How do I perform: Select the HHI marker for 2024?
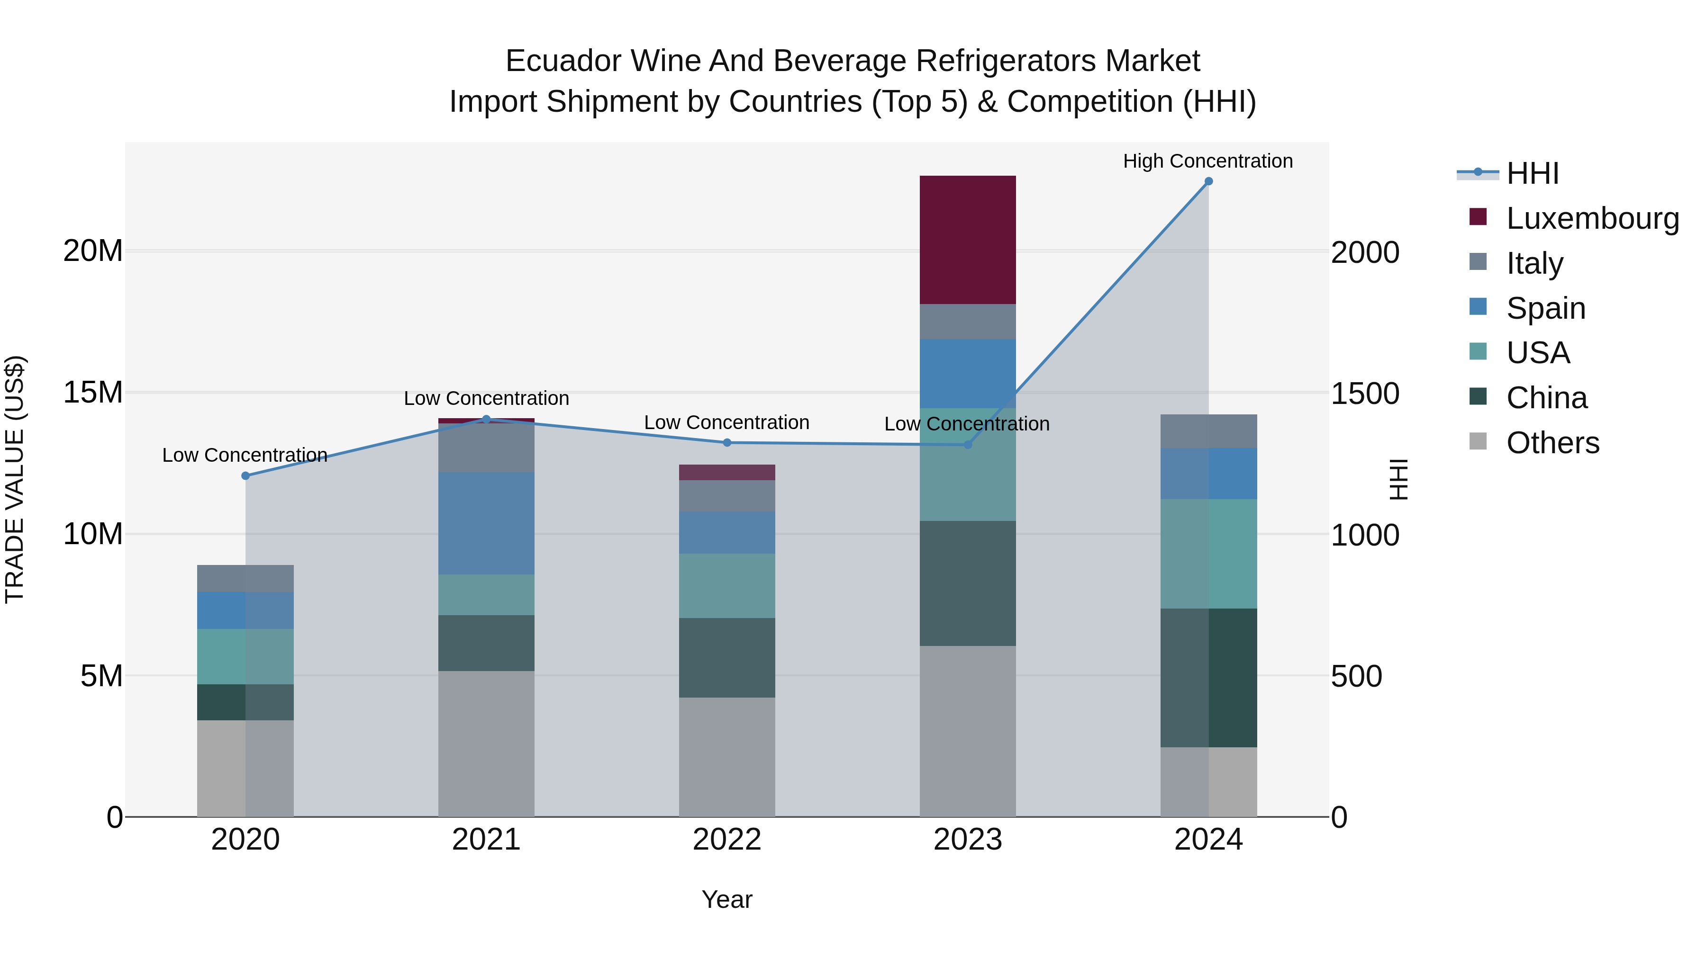[x=1208, y=181]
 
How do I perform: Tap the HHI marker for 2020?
[x=245, y=476]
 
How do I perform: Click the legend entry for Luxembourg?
[x=1591, y=218]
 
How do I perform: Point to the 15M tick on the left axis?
[x=93, y=393]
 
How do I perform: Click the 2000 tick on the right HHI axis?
[x=1365, y=253]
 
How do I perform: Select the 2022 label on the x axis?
[x=726, y=840]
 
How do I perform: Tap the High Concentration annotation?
[x=1207, y=161]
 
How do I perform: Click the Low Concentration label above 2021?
[x=486, y=398]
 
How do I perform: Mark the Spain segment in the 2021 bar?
[x=486, y=523]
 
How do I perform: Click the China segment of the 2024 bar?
[x=1208, y=678]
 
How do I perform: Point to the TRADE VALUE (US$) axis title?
[x=15, y=479]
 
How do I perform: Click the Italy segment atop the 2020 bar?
[x=245, y=578]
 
